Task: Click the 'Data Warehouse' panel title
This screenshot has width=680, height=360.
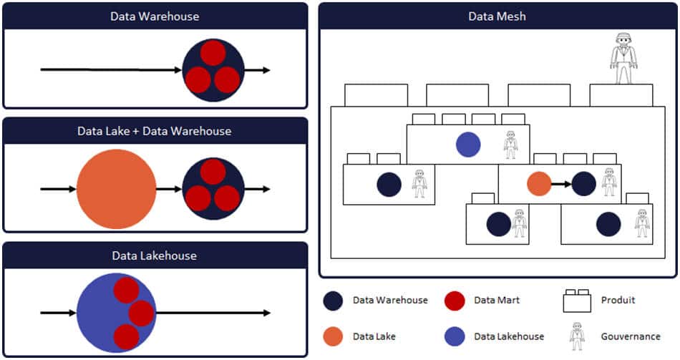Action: [x=155, y=16]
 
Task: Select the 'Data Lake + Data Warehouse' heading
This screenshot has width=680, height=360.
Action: [x=155, y=131]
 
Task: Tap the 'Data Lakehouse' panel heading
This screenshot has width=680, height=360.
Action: [x=155, y=256]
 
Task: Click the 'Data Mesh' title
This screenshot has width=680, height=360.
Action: [x=497, y=16]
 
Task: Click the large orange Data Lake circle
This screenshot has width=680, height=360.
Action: [x=116, y=189]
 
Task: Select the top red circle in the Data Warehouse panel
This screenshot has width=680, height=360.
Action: [x=213, y=52]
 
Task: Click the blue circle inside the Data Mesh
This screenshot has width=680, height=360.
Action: [x=468, y=145]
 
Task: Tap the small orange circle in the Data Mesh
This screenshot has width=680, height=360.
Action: [x=539, y=184]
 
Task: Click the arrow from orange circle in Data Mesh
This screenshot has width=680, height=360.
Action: [x=560, y=184]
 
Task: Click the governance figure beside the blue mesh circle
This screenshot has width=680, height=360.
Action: [x=510, y=145]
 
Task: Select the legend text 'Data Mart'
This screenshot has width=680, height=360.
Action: [x=497, y=301]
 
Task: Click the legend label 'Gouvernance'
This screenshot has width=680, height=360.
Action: [x=630, y=336]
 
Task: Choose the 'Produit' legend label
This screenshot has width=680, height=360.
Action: [x=618, y=301]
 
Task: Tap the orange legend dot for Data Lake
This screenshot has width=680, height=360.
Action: [x=334, y=336]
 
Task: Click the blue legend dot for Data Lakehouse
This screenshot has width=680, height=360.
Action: [x=455, y=336]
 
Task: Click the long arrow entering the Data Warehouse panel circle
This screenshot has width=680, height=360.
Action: [x=111, y=70]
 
